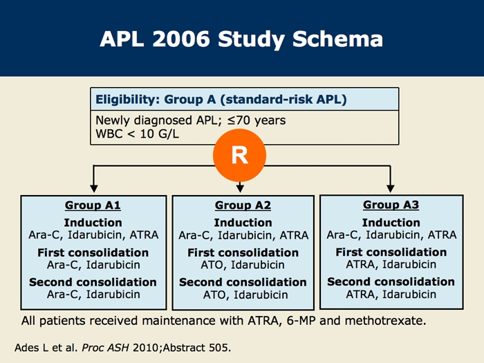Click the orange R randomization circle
(x=239, y=156)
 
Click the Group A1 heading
(x=93, y=205)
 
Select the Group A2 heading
(x=243, y=205)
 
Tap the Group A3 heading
(x=391, y=205)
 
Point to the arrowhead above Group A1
(x=94, y=188)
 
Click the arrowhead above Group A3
(x=391, y=188)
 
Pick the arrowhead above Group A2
(x=240, y=188)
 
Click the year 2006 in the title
(x=181, y=39)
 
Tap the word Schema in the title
(x=337, y=39)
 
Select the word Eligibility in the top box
(x=128, y=100)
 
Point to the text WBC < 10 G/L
(x=138, y=134)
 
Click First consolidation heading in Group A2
(x=243, y=252)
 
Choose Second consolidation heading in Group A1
(x=93, y=282)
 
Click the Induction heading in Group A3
(x=391, y=223)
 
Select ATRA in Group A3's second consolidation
(x=360, y=294)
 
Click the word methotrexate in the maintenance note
(x=385, y=321)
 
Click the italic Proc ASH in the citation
(x=105, y=348)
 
